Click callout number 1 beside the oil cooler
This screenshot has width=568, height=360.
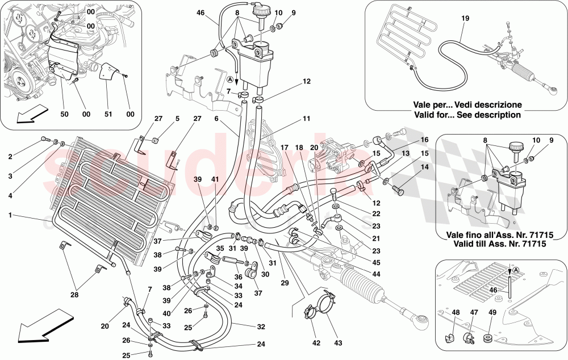(11, 216)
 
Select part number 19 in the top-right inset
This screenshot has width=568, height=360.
(465, 18)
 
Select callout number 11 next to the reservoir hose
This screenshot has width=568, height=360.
(306, 120)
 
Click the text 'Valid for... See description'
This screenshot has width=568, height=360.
(466, 114)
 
